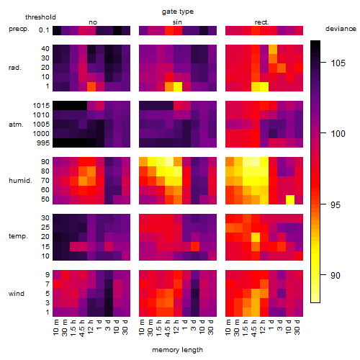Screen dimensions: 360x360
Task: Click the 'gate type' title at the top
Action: pyautogui.click(x=178, y=12)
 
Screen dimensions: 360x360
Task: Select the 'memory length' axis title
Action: pyautogui.click(x=178, y=350)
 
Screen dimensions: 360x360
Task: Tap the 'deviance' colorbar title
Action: pyautogui.click(x=341, y=29)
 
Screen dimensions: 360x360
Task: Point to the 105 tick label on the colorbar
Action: pyautogui.click(x=338, y=63)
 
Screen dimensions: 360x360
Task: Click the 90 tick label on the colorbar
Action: pyautogui.click(x=336, y=275)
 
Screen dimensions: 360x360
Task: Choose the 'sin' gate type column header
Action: pyautogui.click(x=177, y=22)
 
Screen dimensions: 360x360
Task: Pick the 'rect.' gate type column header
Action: pyautogui.click(x=262, y=22)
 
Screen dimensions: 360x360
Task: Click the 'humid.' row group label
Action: pyautogui.click(x=20, y=181)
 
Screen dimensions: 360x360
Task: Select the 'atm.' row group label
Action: pyautogui.click(x=16, y=125)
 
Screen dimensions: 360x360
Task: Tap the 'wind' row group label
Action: pyautogui.click(x=17, y=294)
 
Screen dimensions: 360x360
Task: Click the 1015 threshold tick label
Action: pyautogui.click(x=41, y=105)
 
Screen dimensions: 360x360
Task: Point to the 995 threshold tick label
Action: pyautogui.click(x=43, y=143)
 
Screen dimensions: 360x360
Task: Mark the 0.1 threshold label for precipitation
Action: pyautogui.click(x=44, y=30)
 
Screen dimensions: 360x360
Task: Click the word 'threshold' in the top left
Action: pyautogui.click(x=40, y=17)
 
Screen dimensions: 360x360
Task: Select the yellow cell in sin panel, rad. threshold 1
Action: pyautogui.click(x=178, y=86)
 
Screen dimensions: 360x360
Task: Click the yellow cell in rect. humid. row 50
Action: pyautogui.click(x=290, y=199)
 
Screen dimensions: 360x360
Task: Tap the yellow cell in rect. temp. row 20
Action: pyautogui.click(x=256, y=237)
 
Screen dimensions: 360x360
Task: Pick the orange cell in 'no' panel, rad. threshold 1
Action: pyautogui.click(x=91, y=86)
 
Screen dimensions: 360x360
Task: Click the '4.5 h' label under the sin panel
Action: pyautogui.click(x=168, y=328)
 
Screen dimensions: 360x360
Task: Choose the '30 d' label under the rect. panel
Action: pyautogui.click(x=297, y=328)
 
